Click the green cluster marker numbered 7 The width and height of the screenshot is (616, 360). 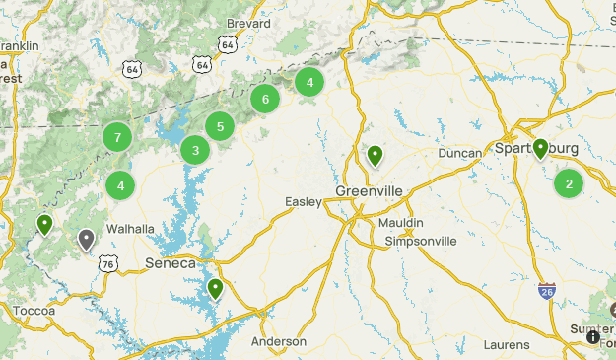point(117,137)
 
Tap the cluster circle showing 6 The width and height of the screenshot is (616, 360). point(264,99)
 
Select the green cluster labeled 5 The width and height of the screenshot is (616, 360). point(220,125)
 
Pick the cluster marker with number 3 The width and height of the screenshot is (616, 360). point(196,150)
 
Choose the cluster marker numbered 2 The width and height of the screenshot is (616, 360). point(569,183)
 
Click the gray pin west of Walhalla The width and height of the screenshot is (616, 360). point(87,240)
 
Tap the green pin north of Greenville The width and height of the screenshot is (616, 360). point(375,156)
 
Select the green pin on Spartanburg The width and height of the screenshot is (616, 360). point(540,149)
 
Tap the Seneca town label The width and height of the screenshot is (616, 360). point(171,263)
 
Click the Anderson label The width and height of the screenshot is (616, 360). point(279,341)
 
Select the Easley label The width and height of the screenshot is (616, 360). point(304,202)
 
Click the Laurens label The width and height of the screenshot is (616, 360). point(507,345)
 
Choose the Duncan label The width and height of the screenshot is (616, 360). point(459,153)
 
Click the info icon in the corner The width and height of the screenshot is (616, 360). point(593,337)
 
